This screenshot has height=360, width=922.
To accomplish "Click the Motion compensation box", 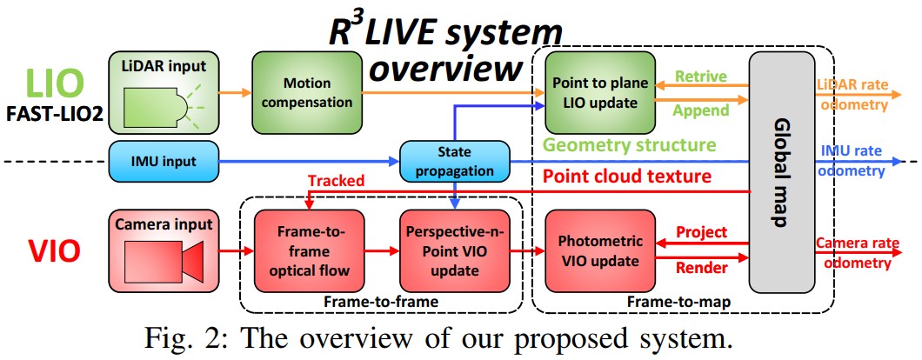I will pos(307,92).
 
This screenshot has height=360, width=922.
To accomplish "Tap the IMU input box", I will pos(162,162).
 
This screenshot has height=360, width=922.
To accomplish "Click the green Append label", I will pos(698,111).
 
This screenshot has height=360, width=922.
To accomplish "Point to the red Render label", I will pos(700,269).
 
